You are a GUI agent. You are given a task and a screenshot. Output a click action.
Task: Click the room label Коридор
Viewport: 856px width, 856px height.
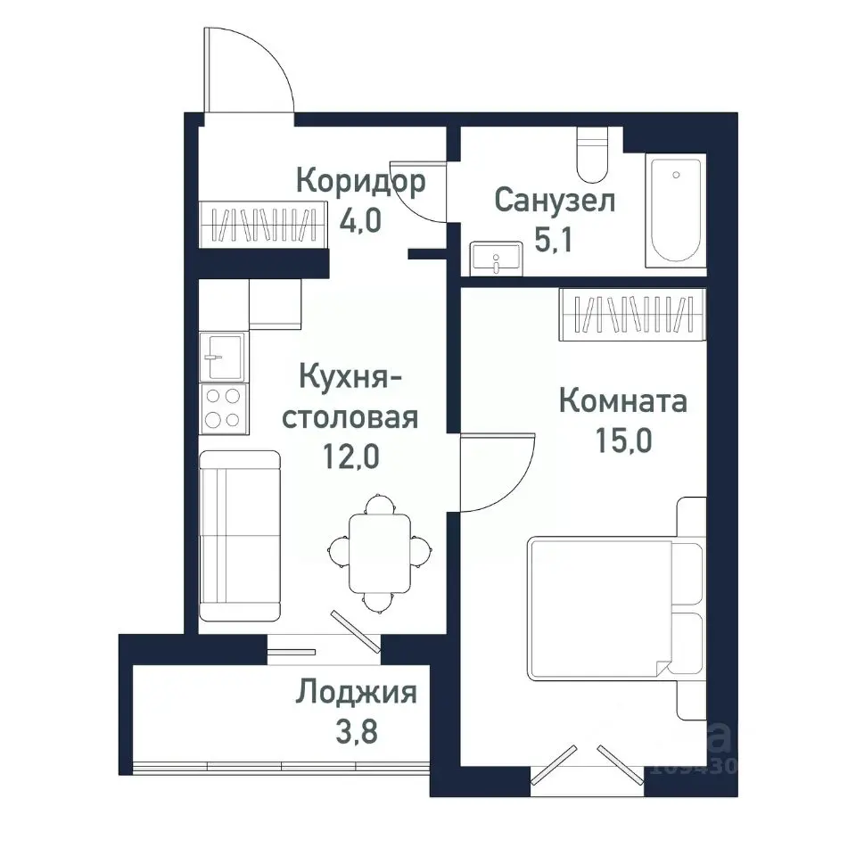coord(360,181)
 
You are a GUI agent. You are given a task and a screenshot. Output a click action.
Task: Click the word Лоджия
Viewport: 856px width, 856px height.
coord(357,692)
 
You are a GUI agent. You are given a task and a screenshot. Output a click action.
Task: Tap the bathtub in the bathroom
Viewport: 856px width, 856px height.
coord(675,210)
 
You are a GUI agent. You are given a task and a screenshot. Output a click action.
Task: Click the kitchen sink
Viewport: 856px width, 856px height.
coord(221,357)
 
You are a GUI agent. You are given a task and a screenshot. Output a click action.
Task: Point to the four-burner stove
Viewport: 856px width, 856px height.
coord(222,407)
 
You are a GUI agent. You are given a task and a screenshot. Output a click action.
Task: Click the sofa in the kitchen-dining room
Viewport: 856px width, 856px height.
coord(238,535)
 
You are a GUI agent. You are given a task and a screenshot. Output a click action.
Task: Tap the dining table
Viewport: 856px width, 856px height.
coord(379,553)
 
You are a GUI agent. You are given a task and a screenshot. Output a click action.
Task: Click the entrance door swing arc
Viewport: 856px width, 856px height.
coord(250,71)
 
